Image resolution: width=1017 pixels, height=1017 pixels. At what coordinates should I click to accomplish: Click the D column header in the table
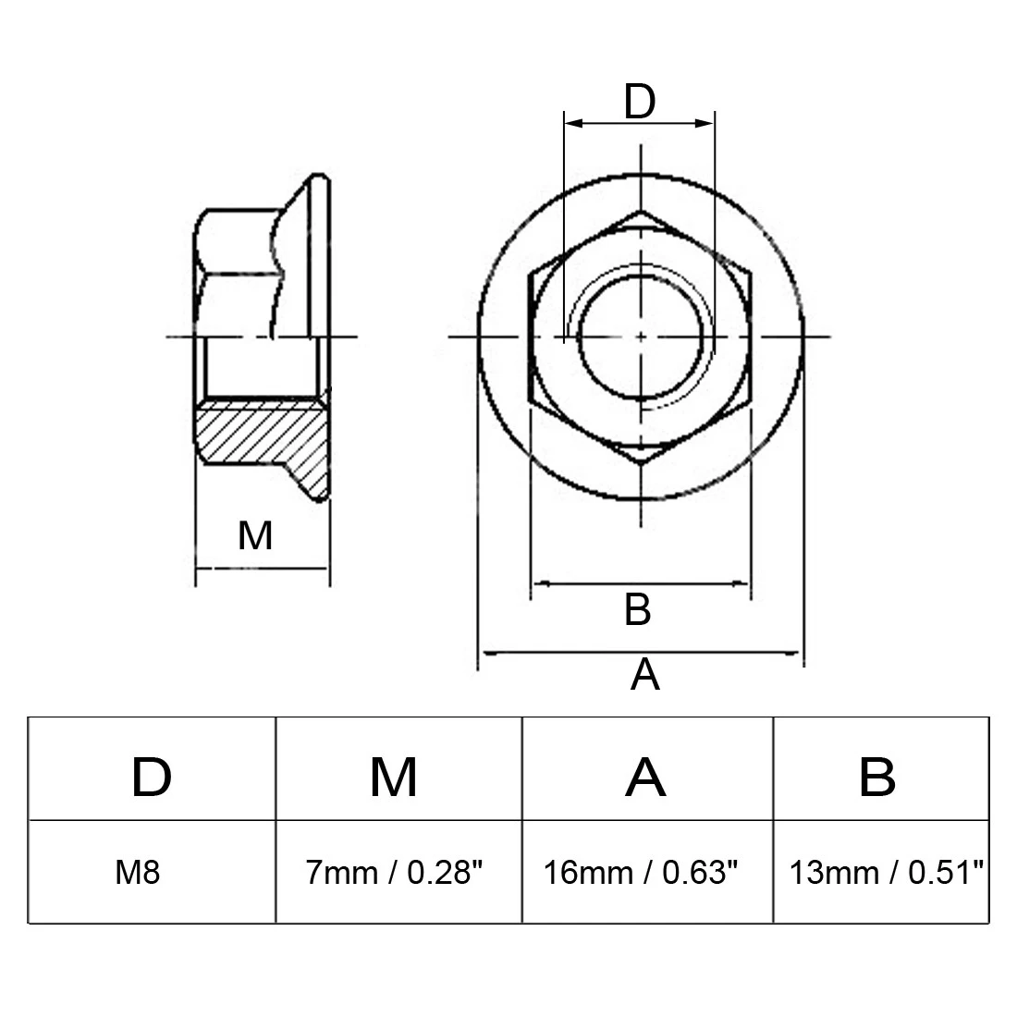152,777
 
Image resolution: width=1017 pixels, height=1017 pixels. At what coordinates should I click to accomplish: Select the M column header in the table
394,777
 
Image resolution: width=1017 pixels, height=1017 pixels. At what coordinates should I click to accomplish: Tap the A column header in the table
645,777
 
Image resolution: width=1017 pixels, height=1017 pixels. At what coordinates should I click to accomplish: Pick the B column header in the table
877,777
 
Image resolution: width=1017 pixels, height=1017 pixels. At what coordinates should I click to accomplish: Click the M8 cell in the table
138,873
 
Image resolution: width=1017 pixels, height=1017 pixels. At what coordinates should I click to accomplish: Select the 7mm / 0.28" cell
395,873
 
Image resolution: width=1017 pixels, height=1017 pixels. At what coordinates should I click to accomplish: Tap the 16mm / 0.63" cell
641,873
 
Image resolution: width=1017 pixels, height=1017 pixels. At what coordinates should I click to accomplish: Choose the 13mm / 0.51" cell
886,873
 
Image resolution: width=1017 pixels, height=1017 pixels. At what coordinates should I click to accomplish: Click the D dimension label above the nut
640,102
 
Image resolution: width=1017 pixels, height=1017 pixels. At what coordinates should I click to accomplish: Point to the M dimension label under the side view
255,535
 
